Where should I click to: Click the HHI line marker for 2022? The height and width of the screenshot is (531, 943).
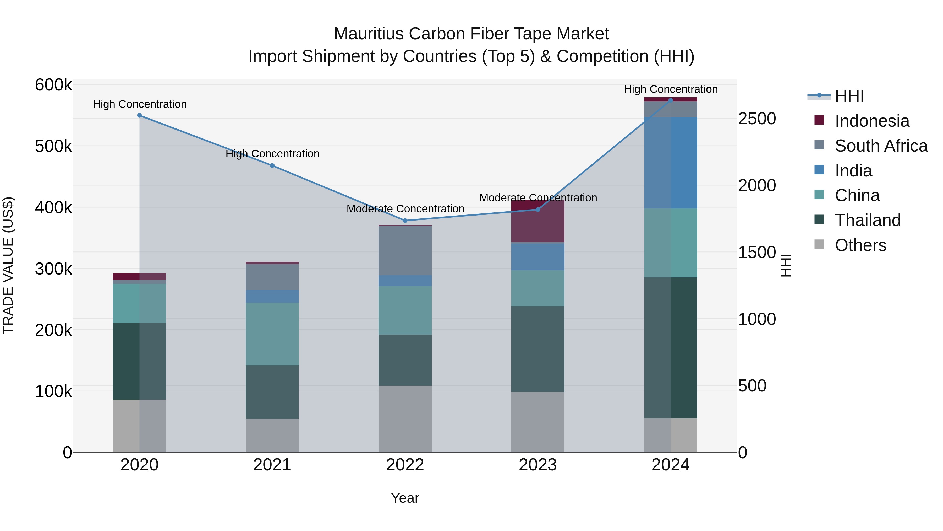pos(405,221)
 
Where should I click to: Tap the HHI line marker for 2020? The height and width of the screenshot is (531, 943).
pos(139,115)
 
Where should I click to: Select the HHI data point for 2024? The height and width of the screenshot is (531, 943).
pos(671,100)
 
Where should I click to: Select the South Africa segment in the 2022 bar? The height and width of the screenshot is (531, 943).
pos(405,251)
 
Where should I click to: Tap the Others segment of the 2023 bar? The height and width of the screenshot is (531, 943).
pos(538,422)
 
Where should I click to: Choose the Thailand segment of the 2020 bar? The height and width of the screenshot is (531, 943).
pos(139,361)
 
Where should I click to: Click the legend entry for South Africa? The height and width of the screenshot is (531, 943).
pos(881,146)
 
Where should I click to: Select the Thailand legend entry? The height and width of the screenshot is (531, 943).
pos(867,220)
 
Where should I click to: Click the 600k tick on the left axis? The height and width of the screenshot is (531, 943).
pos(53,85)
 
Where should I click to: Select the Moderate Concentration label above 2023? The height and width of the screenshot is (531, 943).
pos(538,198)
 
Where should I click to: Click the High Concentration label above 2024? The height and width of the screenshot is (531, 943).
pos(671,89)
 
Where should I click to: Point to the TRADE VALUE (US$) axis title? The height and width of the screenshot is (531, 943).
pos(8,265)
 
